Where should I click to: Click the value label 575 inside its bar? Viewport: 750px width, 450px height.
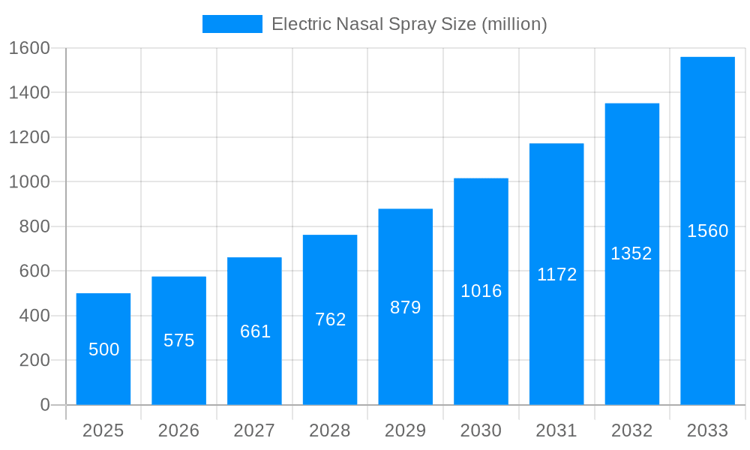pyautogui.click(x=179, y=340)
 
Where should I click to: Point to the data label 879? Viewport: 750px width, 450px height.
pyautogui.click(x=406, y=307)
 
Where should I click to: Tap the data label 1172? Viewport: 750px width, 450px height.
pyautogui.click(x=556, y=274)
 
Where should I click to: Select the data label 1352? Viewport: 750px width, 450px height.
pyautogui.click(x=631, y=253)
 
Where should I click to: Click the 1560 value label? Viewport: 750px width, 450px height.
pyautogui.click(x=707, y=231)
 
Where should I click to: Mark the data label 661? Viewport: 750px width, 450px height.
pyautogui.click(x=255, y=331)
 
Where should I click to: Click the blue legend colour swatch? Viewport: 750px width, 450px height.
pyautogui.click(x=232, y=24)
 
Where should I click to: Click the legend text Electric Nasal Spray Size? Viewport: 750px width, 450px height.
pyautogui.click(x=409, y=24)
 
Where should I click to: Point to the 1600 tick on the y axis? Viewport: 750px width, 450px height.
pyautogui.click(x=29, y=48)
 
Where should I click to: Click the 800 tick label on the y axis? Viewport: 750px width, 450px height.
pyautogui.click(x=34, y=226)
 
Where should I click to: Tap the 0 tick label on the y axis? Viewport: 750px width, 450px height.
pyautogui.click(x=44, y=405)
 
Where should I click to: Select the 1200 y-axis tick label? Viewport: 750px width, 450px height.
pyautogui.click(x=29, y=137)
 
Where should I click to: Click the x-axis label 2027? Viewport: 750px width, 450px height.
pyautogui.click(x=254, y=430)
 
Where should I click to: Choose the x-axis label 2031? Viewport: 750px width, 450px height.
pyautogui.click(x=556, y=430)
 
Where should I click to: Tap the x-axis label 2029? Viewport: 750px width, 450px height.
pyautogui.click(x=405, y=430)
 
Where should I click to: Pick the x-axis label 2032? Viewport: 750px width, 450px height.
pyautogui.click(x=631, y=430)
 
